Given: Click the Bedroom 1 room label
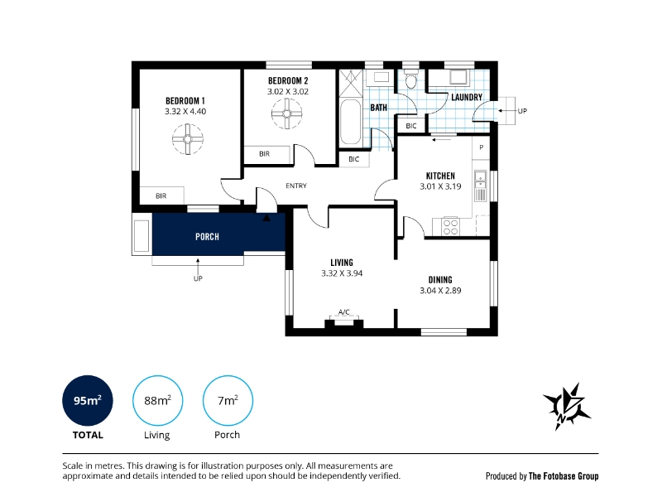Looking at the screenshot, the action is click(185, 101).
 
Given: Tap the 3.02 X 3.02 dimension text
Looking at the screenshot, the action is click(288, 91).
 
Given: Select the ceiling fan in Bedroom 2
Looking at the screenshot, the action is click(286, 113).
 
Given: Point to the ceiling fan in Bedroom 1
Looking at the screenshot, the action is click(188, 139).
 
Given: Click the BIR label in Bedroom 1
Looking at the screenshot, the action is click(161, 196).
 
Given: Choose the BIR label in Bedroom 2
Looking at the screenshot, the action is click(264, 154).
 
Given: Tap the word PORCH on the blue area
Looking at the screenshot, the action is click(208, 237).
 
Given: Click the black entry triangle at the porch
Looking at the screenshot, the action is click(266, 218).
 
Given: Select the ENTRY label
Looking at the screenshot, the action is click(296, 186).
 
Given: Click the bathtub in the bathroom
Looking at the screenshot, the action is click(350, 122).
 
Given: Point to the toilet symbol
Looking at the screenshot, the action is click(410, 78).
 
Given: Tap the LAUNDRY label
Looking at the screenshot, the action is click(467, 97).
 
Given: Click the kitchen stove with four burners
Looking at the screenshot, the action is click(450, 226).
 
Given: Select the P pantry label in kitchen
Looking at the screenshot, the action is click(482, 147).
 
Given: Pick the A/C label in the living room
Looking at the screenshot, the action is click(344, 312).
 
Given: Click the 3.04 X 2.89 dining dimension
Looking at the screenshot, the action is click(440, 291).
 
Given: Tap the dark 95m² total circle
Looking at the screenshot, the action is click(88, 400).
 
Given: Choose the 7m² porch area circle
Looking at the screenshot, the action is click(228, 400).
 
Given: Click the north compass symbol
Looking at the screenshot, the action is click(567, 407).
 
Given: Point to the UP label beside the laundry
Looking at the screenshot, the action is click(522, 111).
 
